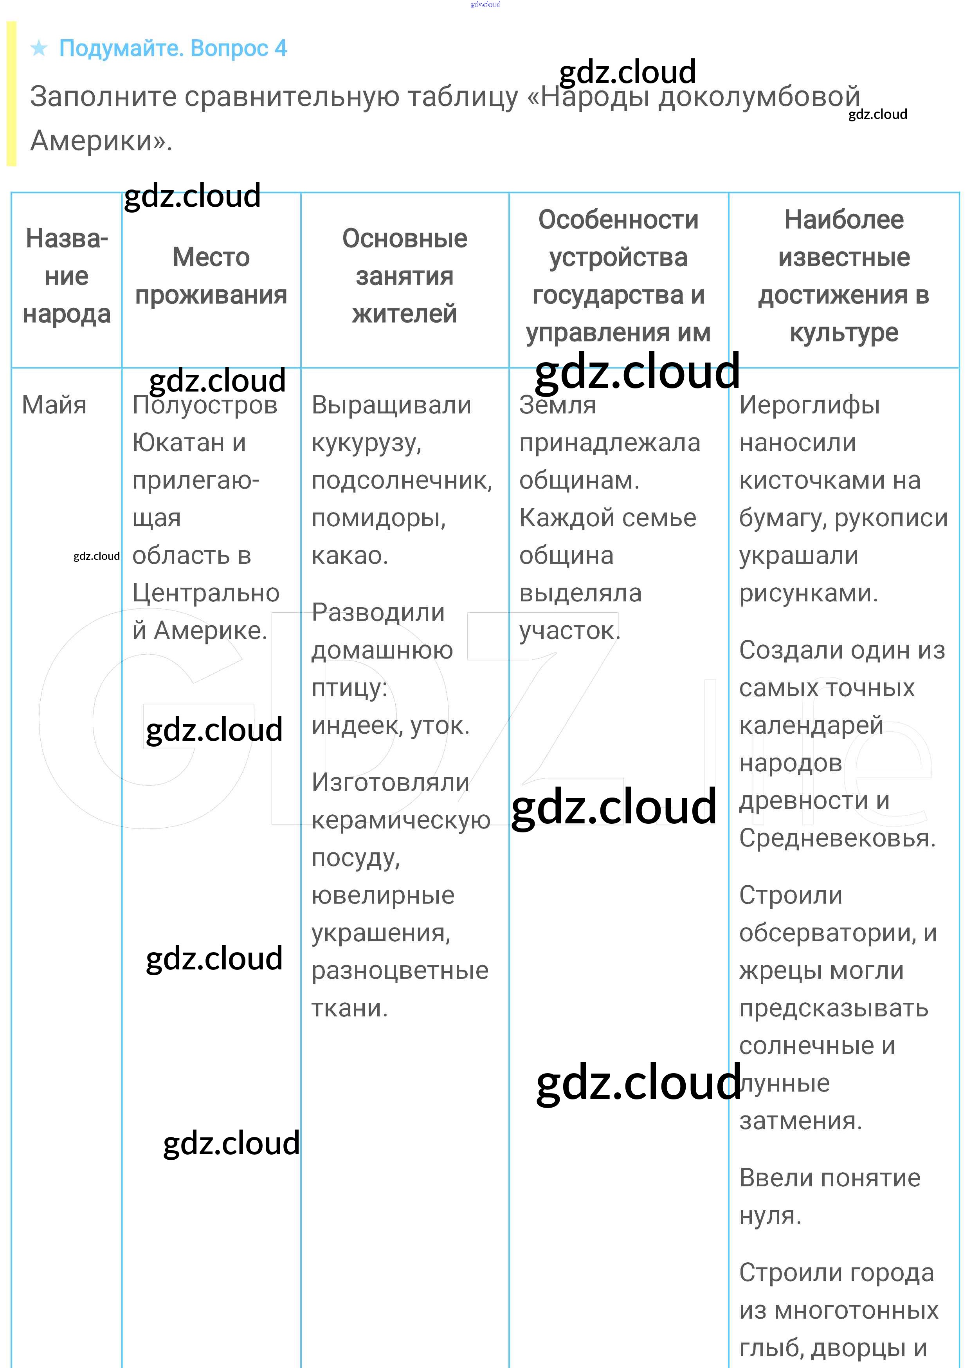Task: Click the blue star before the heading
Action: point(40,48)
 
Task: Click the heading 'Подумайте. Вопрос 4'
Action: point(173,48)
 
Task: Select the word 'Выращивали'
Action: point(392,405)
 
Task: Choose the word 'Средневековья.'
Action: point(837,838)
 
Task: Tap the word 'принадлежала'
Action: point(609,443)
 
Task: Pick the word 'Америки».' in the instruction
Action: point(101,141)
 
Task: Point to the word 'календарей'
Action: point(811,725)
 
